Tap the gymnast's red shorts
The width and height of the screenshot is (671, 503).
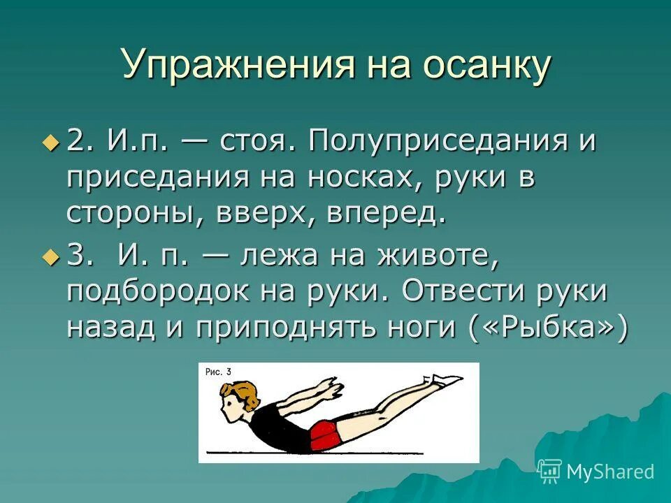point(326,434)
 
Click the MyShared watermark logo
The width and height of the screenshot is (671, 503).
point(597,471)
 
